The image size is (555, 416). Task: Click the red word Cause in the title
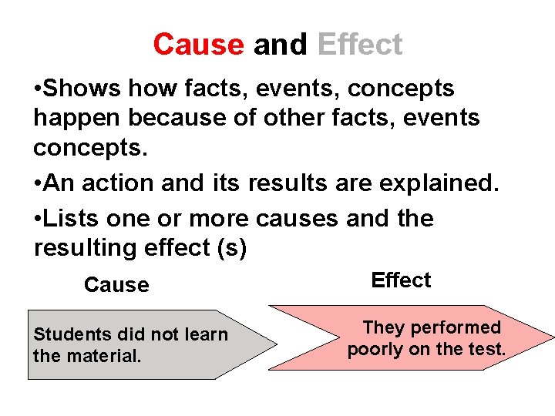[198, 45]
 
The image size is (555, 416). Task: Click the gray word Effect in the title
[359, 45]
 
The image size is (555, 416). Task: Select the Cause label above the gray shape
[116, 285]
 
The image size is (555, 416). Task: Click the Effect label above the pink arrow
[401, 280]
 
